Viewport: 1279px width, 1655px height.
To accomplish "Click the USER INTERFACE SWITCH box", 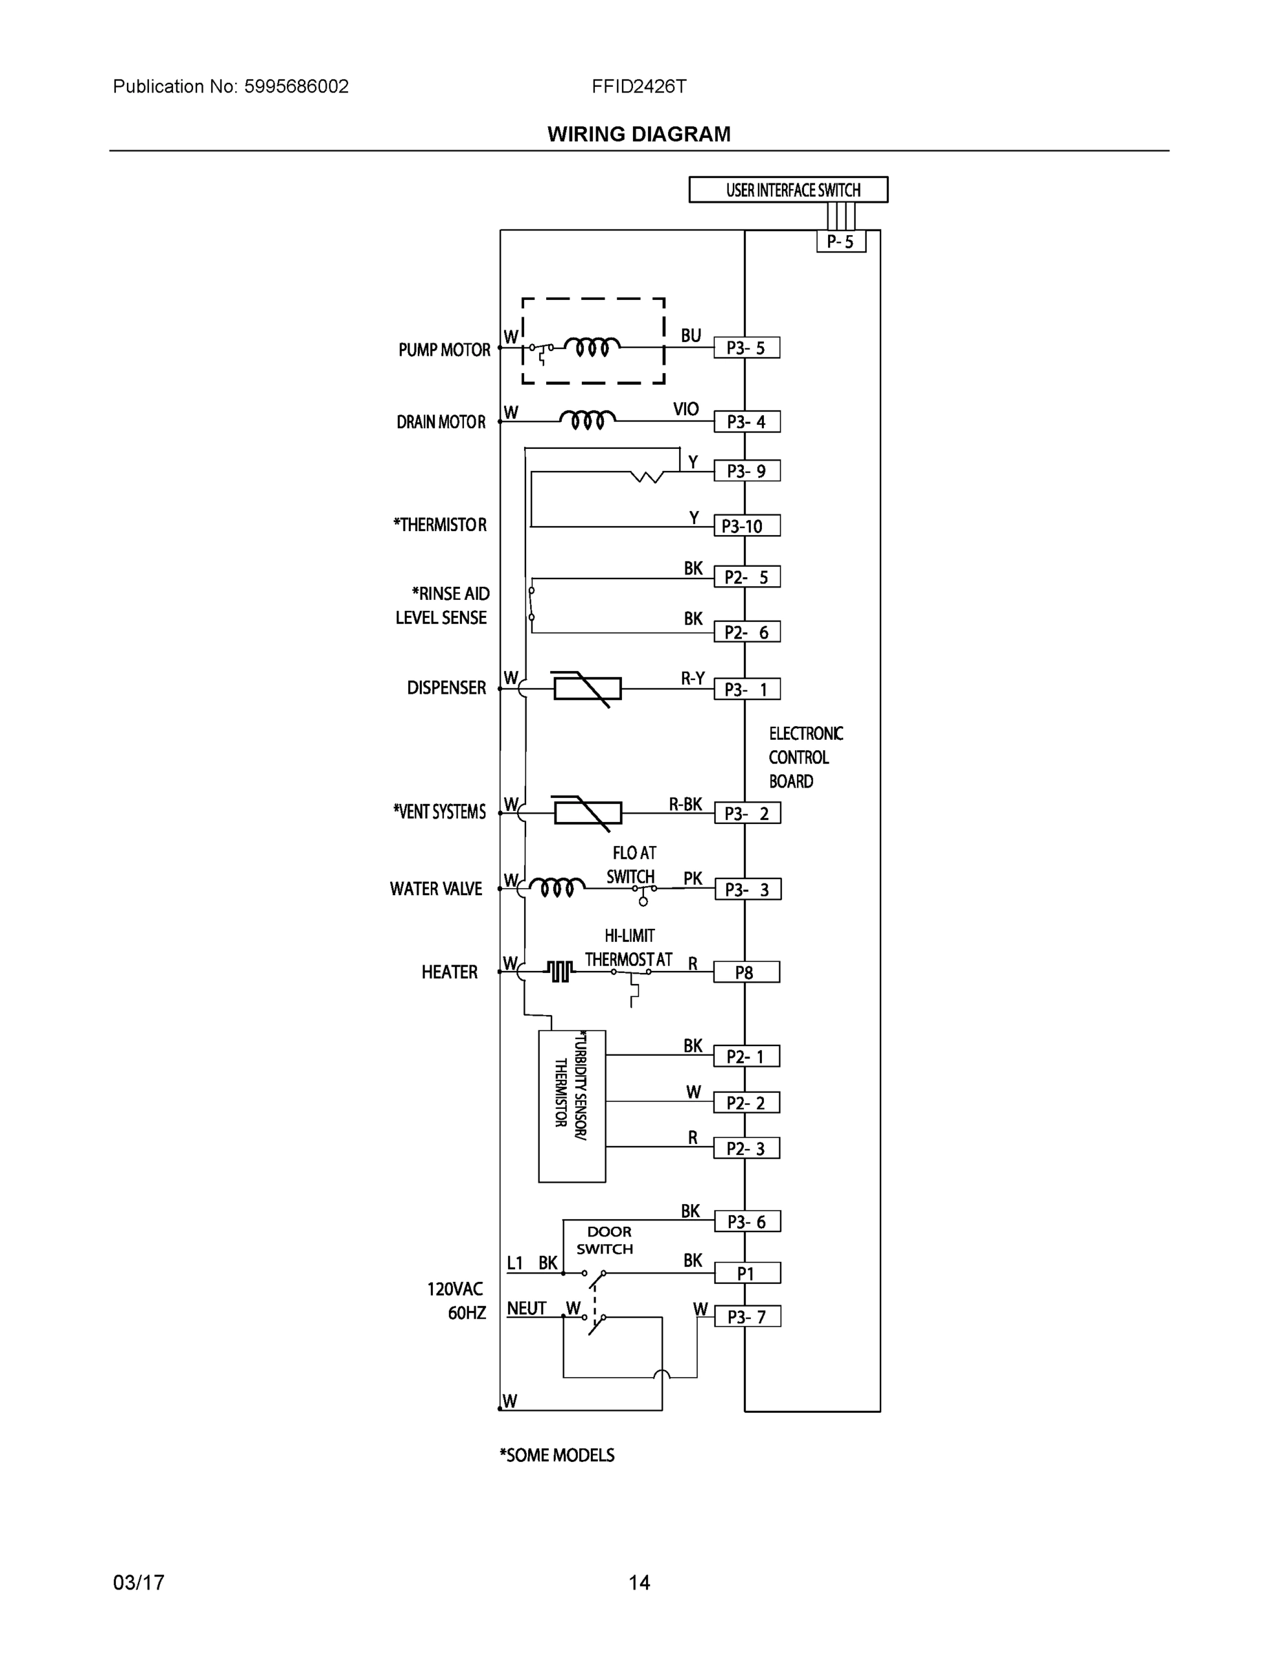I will tap(788, 190).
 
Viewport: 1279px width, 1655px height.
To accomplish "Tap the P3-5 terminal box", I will tap(746, 348).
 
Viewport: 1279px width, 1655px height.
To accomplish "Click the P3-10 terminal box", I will tap(746, 526).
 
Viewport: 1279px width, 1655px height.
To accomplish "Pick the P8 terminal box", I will tap(746, 972).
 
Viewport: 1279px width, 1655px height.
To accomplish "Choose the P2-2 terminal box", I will tap(746, 1103).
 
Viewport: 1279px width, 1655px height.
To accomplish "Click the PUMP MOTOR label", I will tap(445, 350).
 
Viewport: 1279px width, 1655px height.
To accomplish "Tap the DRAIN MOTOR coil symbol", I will tap(587, 420).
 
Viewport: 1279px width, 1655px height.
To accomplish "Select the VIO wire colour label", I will tap(686, 409).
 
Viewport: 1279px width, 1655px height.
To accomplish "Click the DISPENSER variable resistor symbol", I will tap(587, 688).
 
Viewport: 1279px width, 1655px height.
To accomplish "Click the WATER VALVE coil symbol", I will tap(557, 887).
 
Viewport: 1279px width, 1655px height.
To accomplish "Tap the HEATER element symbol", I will tap(559, 971).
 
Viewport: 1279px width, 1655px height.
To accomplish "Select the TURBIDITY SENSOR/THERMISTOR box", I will tap(572, 1105).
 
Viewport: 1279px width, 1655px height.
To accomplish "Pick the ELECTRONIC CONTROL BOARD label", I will tap(805, 757).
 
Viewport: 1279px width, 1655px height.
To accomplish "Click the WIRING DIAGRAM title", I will tap(638, 134).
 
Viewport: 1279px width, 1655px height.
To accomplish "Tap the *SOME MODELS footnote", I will tap(557, 1455).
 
